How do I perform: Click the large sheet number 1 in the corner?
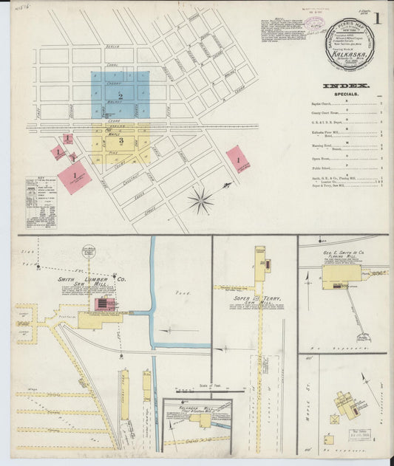(x=377, y=20)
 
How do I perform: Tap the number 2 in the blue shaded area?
(x=120, y=97)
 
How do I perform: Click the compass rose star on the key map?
(x=200, y=199)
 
